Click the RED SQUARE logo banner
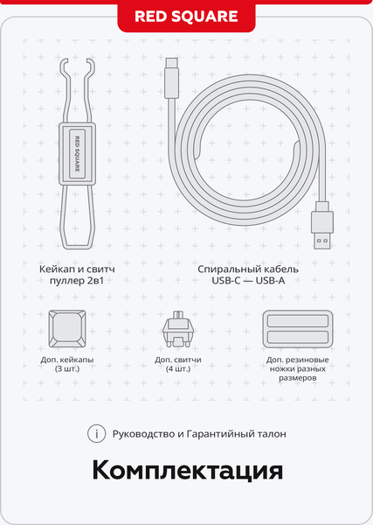[186, 17]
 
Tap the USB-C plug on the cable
[172, 78]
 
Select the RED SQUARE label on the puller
[77, 154]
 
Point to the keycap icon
[67, 328]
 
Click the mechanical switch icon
[178, 328]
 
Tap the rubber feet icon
[298, 329]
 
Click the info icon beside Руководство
[97, 434]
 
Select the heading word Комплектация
[188, 471]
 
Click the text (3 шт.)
[67, 369]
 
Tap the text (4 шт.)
[178, 369]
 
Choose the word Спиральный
[225, 269]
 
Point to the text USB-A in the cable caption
[270, 281]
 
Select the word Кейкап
[56, 269]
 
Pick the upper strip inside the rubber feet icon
[298, 321]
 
